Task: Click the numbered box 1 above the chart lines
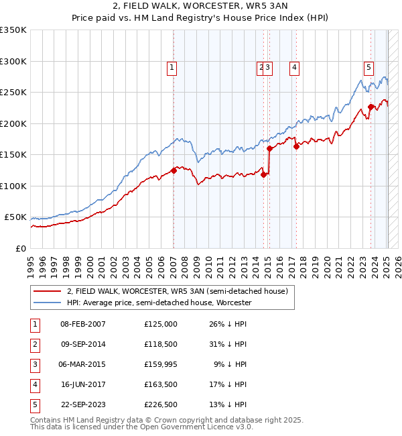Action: click(172, 66)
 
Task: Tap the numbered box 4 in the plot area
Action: click(294, 66)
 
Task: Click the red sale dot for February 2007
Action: click(174, 170)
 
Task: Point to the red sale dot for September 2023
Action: click(371, 107)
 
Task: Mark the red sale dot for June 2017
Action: click(296, 146)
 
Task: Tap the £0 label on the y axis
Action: click(20, 248)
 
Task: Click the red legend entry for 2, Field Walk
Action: click(177, 291)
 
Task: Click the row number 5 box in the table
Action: click(34, 404)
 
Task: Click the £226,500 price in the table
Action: click(161, 404)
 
